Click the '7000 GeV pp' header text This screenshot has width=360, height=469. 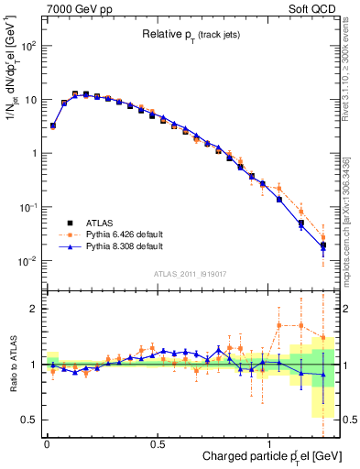click(x=78, y=9)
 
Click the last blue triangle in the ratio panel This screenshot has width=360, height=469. click(x=322, y=374)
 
